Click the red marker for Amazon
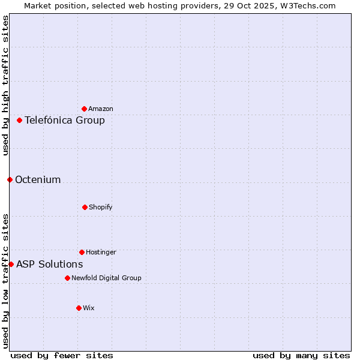85,109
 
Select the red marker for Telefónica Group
20,120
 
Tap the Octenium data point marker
10,179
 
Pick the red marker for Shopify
85,207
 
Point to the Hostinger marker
82,252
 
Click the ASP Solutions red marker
11,264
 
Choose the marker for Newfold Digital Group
67,278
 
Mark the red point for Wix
79,308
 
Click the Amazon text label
101,109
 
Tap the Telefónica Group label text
65,120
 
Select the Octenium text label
38,179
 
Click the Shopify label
101,207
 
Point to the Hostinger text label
101,252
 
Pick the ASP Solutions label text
50,264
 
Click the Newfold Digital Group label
106,278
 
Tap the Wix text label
89,308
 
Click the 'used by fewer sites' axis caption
62,355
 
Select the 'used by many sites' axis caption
301,355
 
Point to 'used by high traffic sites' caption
5,85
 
